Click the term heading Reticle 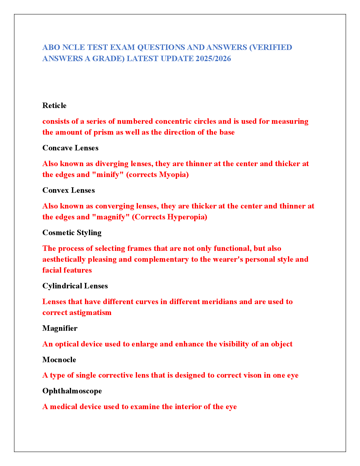click(54, 106)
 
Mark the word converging click(115, 206)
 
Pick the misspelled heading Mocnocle click(59, 360)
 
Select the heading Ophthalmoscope click(72, 391)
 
